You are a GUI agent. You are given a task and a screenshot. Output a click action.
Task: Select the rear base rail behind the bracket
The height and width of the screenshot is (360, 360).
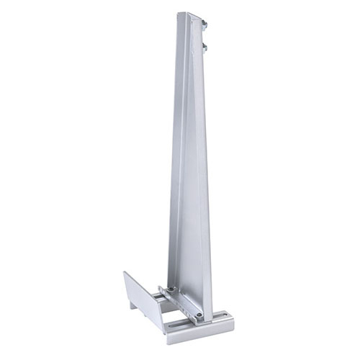[x=159, y=294]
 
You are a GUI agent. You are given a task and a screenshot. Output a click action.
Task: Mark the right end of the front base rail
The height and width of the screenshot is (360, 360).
[x=232, y=319]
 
